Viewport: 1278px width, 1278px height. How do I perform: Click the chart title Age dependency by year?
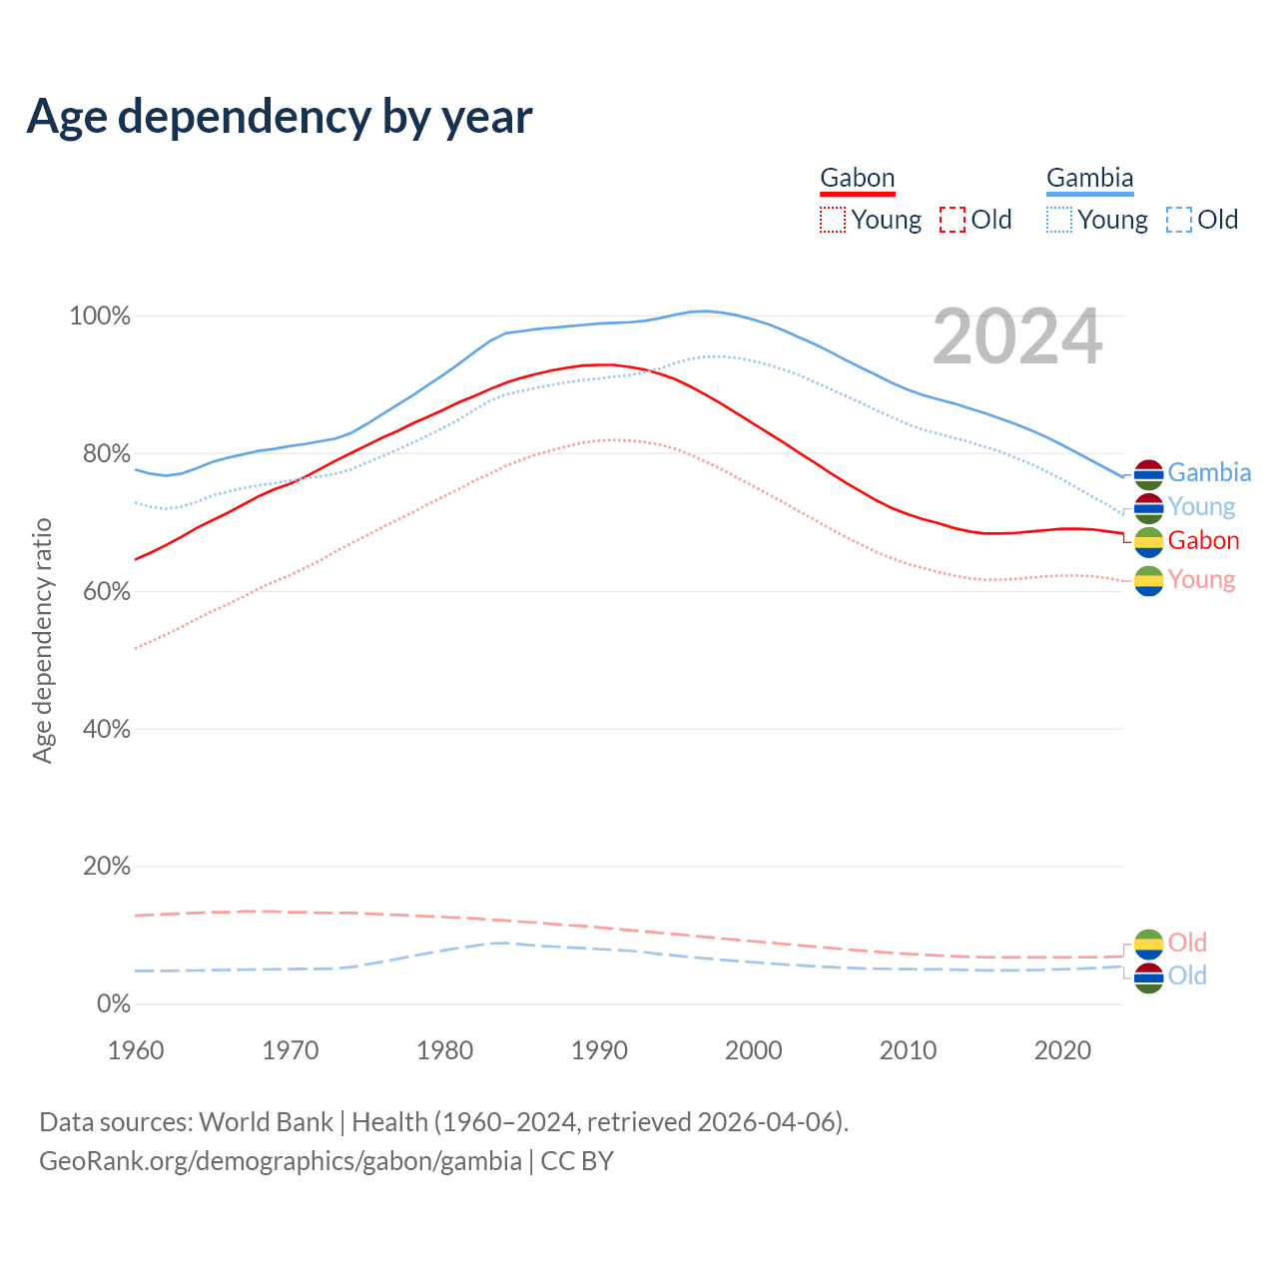pyautogui.click(x=280, y=117)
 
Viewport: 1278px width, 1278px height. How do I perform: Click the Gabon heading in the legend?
pyautogui.click(x=857, y=179)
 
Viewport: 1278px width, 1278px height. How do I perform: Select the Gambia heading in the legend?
pyautogui.click(x=1089, y=179)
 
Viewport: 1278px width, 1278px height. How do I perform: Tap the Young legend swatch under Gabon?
pyautogui.click(x=832, y=220)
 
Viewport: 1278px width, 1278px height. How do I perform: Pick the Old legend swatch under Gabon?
pyautogui.click(x=952, y=220)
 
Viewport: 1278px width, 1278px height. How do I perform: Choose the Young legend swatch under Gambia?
pyautogui.click(x=1058, y=220)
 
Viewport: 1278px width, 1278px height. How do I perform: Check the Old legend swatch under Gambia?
pyautogui.click(x=1178, y=220)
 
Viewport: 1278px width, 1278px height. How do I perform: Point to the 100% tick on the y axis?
pyautogui.click(x=100, y=317)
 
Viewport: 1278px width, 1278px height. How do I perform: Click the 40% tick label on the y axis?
pyautogui.click(x=107, y=729)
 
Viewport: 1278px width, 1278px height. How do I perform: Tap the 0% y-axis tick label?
pyautogui.click(x=114, y=1003)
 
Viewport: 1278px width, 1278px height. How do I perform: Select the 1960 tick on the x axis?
pyautogui.click(x=136, y=1050)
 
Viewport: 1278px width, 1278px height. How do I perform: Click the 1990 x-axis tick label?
pyautogui.click(x=599, y=1050)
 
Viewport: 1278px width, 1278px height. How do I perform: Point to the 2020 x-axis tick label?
pyautogui.click(x=1062, y=1050)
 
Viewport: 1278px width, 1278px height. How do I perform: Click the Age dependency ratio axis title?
pyautogui.click(x=42, y=640)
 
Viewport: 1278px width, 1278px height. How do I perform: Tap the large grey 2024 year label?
pyautogui.click(x=1017, y=337)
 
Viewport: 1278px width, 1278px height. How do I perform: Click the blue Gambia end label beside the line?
pyautogui.click(x=1209, y=472)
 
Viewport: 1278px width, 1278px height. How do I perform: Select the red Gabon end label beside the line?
pyautogui.click(x=1203, y=541)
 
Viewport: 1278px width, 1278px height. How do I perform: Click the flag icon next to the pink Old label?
pyautogui.click(x=1149, y=944)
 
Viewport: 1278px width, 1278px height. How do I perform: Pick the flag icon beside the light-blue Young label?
pyautogui.click(x=1149, y=508)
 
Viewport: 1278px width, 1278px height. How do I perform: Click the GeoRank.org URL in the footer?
pyautogui.click(x=281, y=1161)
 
